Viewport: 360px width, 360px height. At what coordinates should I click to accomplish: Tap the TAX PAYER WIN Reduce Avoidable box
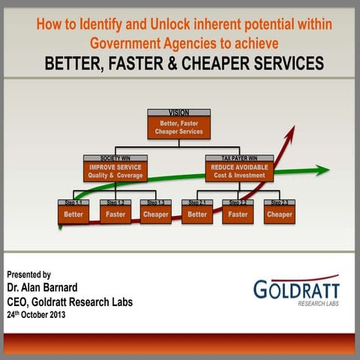(238, 169)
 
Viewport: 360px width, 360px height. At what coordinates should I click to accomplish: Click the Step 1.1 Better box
(73, 211)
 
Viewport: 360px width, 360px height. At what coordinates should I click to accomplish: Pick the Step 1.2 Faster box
(115, 211)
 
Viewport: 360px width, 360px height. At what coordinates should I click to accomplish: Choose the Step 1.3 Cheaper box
(155, 211)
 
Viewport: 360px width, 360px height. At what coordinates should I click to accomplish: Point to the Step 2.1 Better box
(197, 211)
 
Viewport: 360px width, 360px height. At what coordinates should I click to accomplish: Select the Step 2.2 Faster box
(238, 211)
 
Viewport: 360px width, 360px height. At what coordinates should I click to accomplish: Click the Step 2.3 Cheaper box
(279, 211)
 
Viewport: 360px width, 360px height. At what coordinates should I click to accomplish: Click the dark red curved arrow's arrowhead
(290, 131)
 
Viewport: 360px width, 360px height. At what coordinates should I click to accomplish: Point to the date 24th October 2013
(36, 314)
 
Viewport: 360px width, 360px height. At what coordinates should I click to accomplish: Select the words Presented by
(29, 274)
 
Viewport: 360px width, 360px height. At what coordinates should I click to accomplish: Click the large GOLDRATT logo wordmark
(296, 289)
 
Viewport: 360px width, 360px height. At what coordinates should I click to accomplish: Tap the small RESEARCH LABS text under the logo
(318, 304)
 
